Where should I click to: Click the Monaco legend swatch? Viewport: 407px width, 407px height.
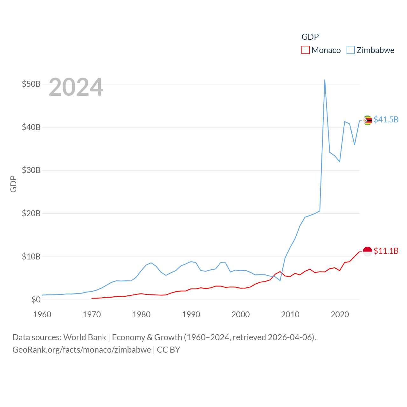point(305,50)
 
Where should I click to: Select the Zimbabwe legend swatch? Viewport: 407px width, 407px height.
point(350,50)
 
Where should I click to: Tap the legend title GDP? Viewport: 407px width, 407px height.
point(310,37)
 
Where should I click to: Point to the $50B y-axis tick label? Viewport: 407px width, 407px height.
point(31,84)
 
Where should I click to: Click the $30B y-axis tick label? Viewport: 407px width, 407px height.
point(31,170)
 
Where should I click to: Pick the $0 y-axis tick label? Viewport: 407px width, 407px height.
point(36,300)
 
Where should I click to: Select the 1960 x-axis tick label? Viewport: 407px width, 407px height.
point(42,314)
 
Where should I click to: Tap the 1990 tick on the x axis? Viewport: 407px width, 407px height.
point(191,314)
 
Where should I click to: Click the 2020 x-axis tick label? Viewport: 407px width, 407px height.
point(340,314)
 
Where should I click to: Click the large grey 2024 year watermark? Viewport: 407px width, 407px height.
point(76,87)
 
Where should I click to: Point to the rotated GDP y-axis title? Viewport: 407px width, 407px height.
point(13,184)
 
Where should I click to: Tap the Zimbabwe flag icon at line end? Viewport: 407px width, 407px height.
point(368,121)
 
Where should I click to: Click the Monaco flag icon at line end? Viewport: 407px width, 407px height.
point(368,252)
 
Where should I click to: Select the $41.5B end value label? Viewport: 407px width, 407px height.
point(386,120)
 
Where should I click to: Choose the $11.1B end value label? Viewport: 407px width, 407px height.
point(386,251)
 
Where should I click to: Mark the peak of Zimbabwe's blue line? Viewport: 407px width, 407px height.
point(325,80)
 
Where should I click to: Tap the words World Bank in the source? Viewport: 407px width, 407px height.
point(85,337)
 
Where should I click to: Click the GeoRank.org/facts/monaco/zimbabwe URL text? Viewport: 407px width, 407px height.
point(82,350)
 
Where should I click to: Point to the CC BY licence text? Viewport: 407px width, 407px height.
point(169,350)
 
